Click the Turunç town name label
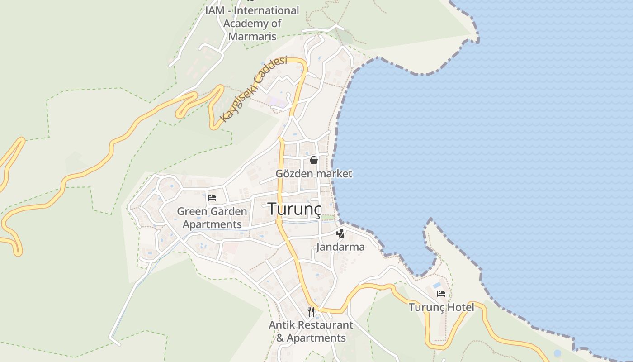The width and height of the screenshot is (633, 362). [x=294, y=209]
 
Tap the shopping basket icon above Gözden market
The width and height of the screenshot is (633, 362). [x=314, y=160]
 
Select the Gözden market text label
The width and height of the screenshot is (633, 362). [x=314, y=174]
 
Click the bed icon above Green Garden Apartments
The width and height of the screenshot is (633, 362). [x=212, y=198]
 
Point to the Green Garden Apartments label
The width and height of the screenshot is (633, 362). [x=212, y=218]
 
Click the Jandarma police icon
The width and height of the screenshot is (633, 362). [x=340, y=233]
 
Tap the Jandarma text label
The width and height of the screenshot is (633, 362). [x=340, y=247]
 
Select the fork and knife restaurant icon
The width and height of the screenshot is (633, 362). [x=311, y=311]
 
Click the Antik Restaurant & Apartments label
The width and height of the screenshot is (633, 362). [x=311, y=331]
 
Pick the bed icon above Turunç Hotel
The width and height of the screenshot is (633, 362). [x=441, y=294]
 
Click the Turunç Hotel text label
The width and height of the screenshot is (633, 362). [x=441, y=307]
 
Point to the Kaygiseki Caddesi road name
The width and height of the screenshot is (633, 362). [x=253, y=89]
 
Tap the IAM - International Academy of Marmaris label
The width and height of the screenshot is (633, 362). [x=252, y=23]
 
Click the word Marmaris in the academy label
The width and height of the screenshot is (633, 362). [x=252, y=36]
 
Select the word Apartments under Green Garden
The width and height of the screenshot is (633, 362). [x=212, y=224]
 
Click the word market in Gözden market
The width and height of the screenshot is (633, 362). [x=334, y=174]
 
